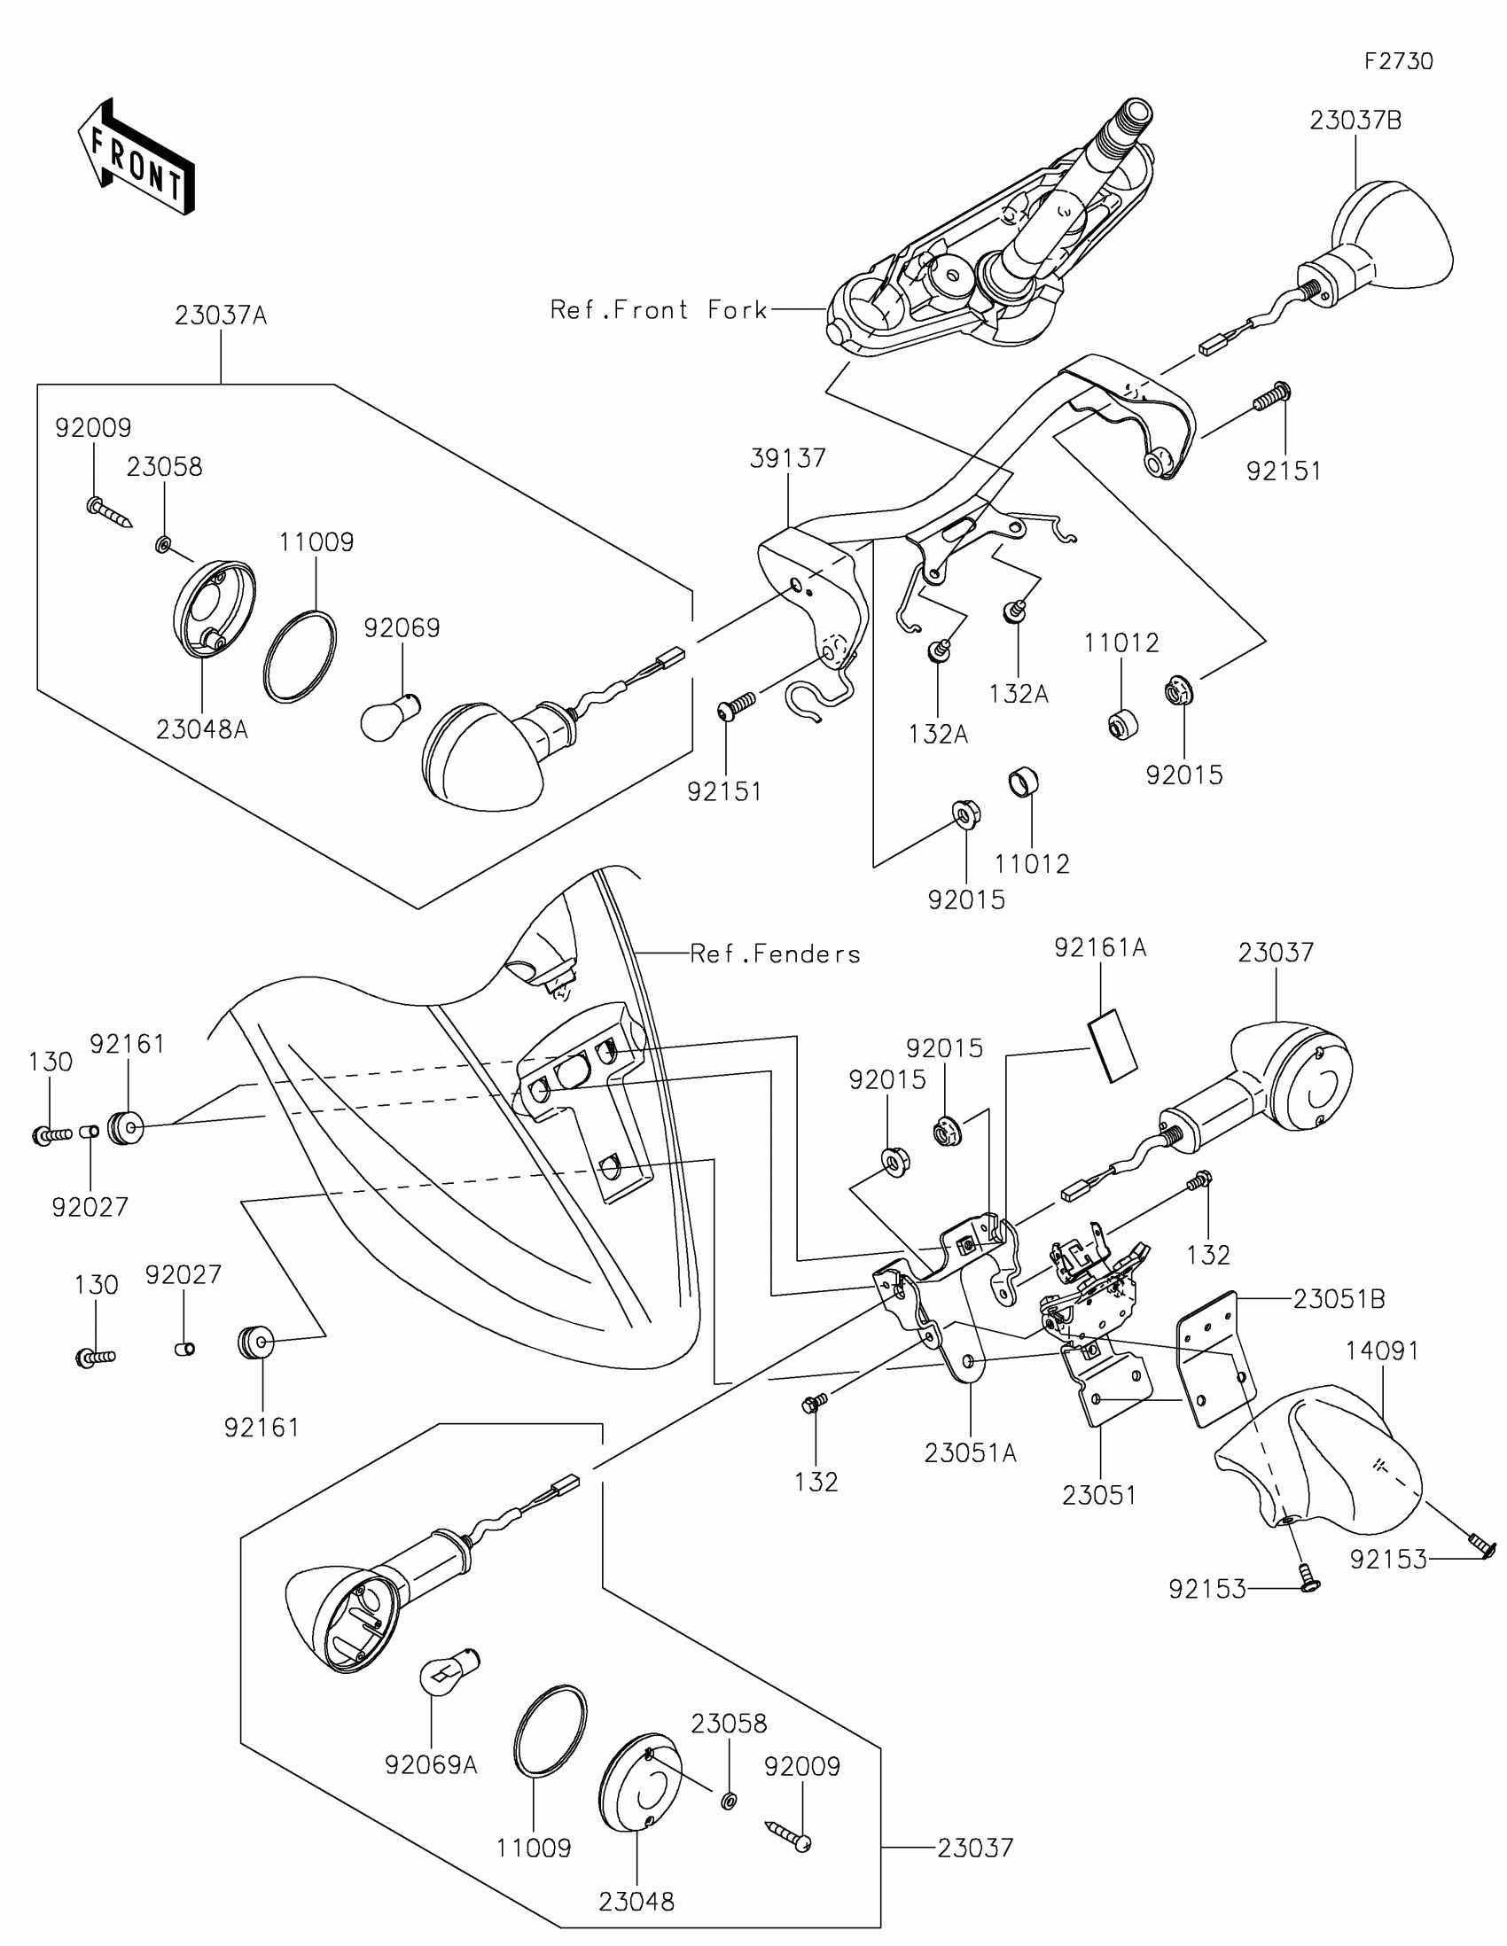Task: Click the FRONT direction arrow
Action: pyautogui.click(x=136, y=157)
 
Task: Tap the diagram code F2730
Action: pyautogui.click(x=1398, y=61)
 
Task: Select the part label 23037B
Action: pyautogui.click(x=1355, y=121)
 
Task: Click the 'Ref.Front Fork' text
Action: pyautogui.click(x=659, y=310)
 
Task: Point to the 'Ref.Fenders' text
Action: pyautogui.click(x=776, y=954)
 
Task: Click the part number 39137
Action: pyautogui.click(x=788, y=458)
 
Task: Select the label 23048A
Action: pyautogui.click(x=202, y=730)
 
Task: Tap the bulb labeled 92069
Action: pyautogui.click(x=389, y=717)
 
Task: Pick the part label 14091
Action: pyautogui.click(x=1382, y=1351)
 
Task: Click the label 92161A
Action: pyautogui.click(x=1100, y=948)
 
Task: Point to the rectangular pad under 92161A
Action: pyautogui.click(x=1113, y=1045)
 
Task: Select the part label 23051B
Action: pyautogui.click(x=1339, y=1300)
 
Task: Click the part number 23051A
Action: pyautogui.click(x=971, y=1453)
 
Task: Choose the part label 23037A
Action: pyautogui.click(x=220, y=315)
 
